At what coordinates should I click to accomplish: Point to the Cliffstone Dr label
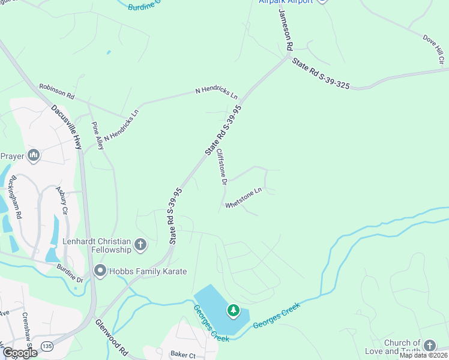(x=221, y=166)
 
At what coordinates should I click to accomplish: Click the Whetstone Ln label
(x=244, y=199)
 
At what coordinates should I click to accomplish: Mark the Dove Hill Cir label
(x=433, y=50)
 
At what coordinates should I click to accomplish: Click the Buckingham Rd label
(x=15, y=198)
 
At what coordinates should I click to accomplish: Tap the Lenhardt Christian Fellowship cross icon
(x=140, y=244)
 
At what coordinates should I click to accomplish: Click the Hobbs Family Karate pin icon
(x=100, y=271)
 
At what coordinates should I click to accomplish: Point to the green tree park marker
(x=233, y=311)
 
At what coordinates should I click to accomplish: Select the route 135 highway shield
(x=47, y=346)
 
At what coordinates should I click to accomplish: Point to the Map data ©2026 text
(x=423, y=355)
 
